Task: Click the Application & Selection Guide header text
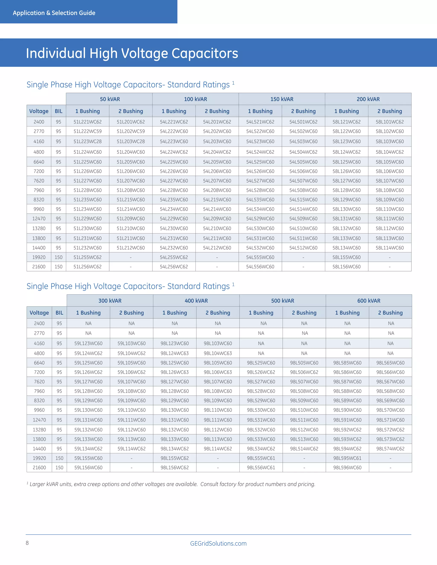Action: [54, 13]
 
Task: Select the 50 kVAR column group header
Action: [110, 99]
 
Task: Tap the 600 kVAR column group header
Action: [369, 301]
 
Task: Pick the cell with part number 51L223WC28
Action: [87, 142]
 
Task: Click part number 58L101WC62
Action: [390, 122]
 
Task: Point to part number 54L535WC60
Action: [260, 200]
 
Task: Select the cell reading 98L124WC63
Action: [175, 353]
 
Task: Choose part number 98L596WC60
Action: [347, 468]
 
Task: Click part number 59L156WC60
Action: [88, 468]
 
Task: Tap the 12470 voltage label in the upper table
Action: [39, 219]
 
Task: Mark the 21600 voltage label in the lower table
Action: [39, 468]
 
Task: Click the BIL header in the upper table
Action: [58, 111]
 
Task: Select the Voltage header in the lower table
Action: [39, 313]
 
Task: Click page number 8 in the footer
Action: [27, 543]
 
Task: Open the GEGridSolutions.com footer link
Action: [218, 543]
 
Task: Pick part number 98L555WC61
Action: [261, 458]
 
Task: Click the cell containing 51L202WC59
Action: [131, 131]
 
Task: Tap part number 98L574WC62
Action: [390, 449]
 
